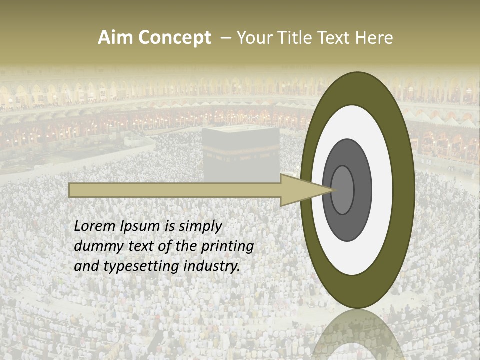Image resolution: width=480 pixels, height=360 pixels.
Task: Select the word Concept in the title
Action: tap(175, 38)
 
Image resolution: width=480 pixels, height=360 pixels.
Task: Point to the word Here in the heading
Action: tap(375, 38)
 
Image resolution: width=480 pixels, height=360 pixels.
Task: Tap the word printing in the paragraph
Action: tap(227, 247)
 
